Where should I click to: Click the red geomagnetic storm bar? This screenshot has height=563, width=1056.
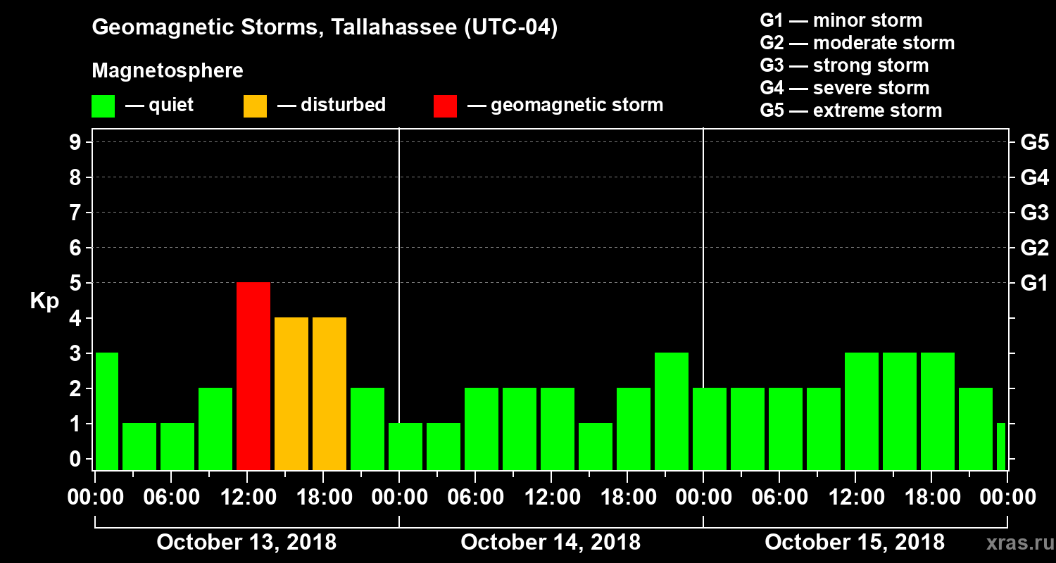coord(253,376)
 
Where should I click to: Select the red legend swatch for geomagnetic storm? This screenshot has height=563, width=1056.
coord(445,106)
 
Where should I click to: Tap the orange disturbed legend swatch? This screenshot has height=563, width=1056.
coord(255,106)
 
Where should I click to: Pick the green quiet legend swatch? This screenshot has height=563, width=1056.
coord(103,106)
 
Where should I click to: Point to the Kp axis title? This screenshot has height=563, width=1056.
coord(44,301)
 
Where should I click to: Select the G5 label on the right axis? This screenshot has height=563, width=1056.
coord(1034,142)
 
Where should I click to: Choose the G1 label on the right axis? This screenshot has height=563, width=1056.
coord(1034,283)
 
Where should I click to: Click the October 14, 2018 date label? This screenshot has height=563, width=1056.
coord(551,542)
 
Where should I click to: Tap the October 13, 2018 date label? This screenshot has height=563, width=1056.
coord(246,542)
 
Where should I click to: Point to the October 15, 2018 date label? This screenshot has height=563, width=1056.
coord(855,542)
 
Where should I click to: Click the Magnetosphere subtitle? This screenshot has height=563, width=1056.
coord(168,71)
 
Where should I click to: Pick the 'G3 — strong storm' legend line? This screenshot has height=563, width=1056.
coord(844,65)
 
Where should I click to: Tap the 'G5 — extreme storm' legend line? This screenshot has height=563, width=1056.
coord(850,110)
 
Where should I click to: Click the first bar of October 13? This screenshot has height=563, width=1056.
coord(107,411)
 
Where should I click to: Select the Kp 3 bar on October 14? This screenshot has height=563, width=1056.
coord(672,411)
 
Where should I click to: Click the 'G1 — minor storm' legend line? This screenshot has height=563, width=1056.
coord(841,20)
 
